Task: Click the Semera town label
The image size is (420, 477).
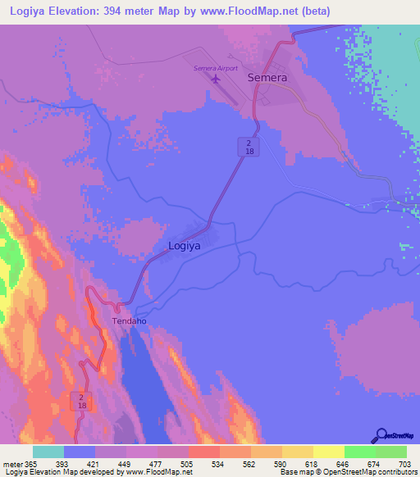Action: [x=267, y=78]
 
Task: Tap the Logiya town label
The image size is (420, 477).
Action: [x=184, y=245]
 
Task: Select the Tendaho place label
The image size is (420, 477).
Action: [x=129, y=321]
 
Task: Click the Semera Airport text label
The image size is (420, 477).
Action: [x=215, y=67]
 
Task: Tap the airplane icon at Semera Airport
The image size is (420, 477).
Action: [x=217, y=79]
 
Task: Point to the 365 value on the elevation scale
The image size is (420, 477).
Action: [x=30, y=464]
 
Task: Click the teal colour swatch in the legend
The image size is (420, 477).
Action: [x=48, y=452]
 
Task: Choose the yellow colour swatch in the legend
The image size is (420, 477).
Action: [x=328, y=452]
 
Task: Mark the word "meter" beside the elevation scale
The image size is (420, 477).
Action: [x=11, y=464]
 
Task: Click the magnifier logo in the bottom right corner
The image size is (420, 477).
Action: [x=381, y=436]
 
